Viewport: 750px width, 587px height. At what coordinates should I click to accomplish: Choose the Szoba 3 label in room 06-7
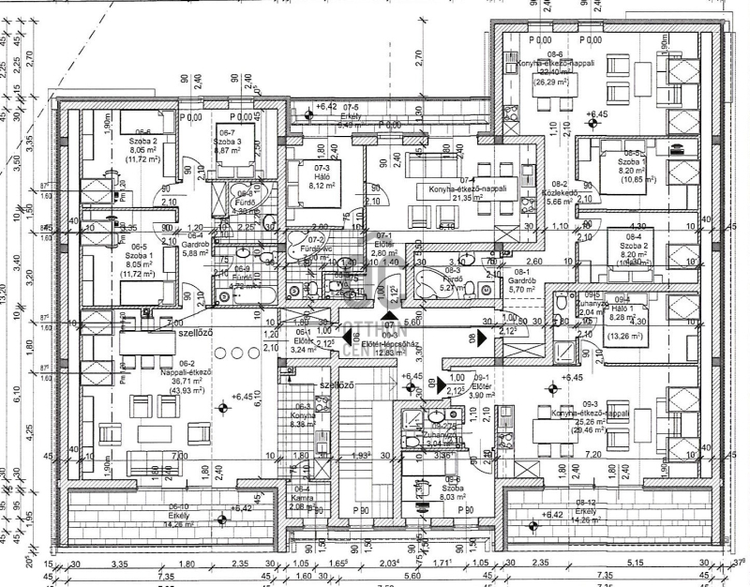pyautogui.click(x=229, y=143)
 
